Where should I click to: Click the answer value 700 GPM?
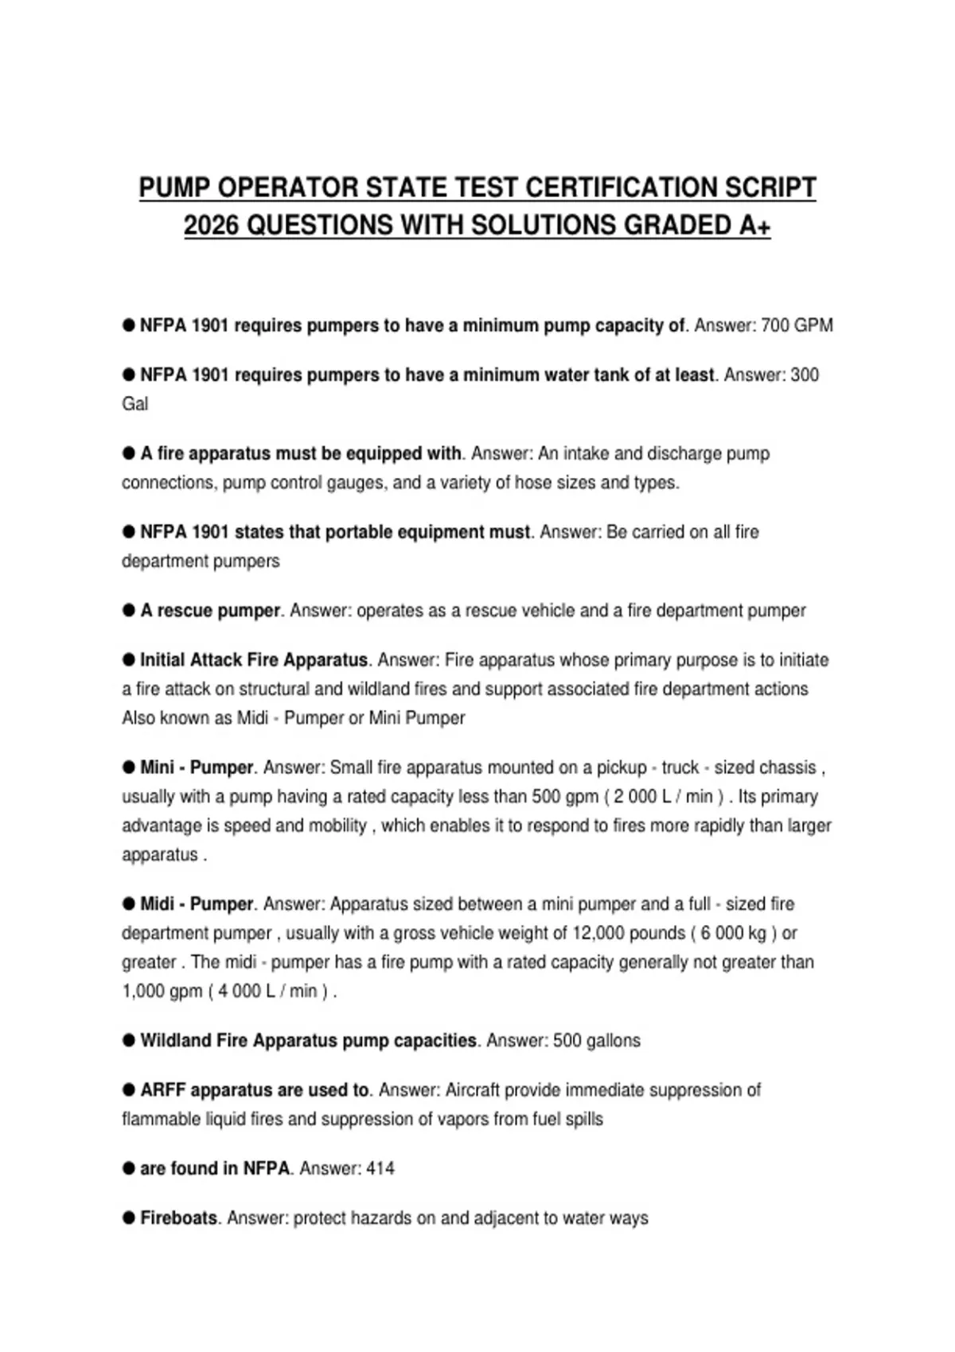point(797,325)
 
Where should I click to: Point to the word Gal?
point(134,404)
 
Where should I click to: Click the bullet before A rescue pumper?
point(129,610)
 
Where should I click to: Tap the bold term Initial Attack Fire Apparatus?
point(254,660)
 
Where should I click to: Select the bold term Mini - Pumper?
point(197,767)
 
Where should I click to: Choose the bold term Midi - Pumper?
point(197,904)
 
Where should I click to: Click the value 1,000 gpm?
point(162,991)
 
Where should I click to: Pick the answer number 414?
point(380,1168)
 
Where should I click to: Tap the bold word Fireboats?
point(178,1218)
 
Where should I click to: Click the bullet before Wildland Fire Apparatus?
point(129,1040)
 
